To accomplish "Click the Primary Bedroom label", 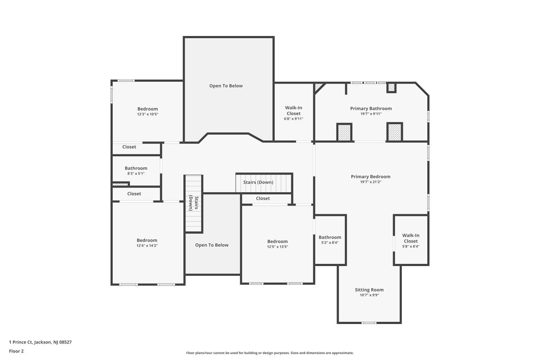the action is point(370,177).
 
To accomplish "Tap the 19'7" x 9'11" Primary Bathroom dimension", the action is point(371,114).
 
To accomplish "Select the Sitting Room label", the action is point(369,290).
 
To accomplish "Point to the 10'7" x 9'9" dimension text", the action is point(369,295).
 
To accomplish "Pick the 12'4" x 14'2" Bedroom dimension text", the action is point(147,246).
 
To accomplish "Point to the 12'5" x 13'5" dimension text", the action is point(278,247).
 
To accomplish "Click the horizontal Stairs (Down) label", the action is point(258,182).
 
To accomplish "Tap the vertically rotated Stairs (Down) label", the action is point(194,203).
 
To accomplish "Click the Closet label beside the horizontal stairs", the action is point(263,198).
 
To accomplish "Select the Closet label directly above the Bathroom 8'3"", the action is point(129,147).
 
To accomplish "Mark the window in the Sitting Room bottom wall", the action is point(369,323).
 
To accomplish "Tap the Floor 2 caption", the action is point(17,351).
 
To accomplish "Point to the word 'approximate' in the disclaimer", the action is point(343,353).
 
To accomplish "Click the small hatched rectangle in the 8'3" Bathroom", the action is point(120,185).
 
